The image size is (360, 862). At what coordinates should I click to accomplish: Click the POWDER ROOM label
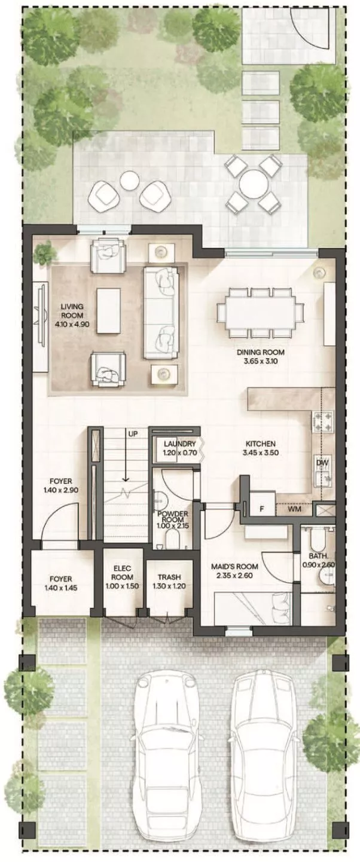click(173, 519)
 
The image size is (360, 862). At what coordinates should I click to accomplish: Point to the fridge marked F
click(261, 509)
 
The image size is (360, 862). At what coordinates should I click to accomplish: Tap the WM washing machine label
click(294, 510)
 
